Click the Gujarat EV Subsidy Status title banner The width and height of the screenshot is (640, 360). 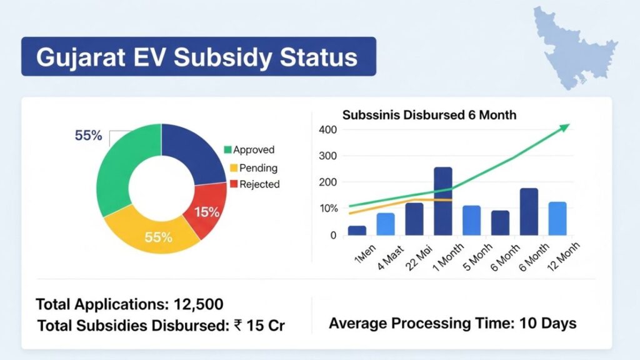pos(198,57)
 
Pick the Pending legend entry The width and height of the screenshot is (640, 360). pos(250,168)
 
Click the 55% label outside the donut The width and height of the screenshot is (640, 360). pos(88,136)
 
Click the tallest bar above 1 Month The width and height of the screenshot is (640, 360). pos(442,201)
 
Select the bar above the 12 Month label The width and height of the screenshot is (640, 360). pos(557,218)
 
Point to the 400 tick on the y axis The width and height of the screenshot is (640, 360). pos(327,129)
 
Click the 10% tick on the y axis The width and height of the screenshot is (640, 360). pos(327,208)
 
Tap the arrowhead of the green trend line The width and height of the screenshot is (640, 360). pos(565,127)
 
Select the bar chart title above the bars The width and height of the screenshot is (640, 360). pos(429,116)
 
